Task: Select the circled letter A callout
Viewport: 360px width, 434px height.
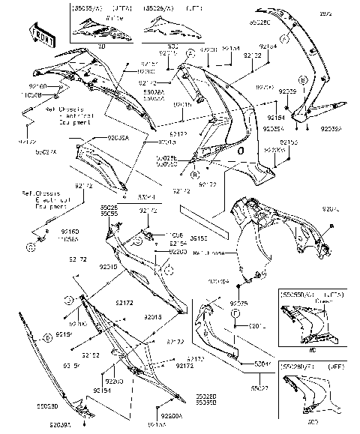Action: (191, 53)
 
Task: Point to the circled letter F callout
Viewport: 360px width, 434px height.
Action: (234, 313)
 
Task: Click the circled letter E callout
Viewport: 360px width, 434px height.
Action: (47, 338)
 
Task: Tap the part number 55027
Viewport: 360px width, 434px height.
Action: (259, 388)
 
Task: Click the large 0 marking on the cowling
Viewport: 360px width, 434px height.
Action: (240, 151)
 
